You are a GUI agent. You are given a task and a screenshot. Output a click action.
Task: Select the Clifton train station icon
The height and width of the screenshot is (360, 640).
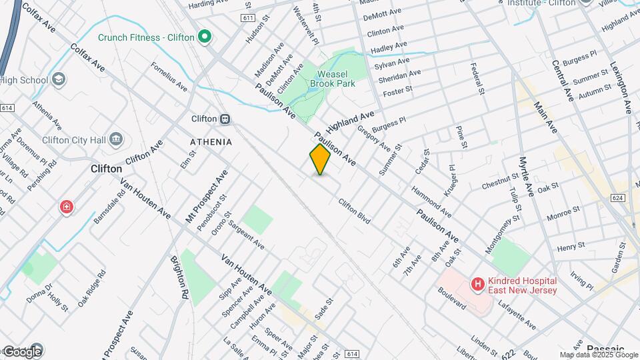[225, 119]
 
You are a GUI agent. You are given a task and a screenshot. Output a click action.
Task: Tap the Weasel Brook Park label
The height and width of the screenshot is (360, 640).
[336, 79]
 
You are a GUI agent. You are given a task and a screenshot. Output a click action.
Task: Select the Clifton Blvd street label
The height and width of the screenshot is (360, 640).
[354, 211]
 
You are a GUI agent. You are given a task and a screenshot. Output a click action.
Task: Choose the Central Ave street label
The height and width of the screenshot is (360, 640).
[563, 81]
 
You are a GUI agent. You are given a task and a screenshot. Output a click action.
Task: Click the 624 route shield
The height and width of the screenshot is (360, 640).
[619, 198]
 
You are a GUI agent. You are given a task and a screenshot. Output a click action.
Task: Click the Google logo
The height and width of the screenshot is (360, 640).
[22, 351]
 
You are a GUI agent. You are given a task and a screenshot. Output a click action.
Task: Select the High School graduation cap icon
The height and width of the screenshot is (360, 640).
[59, 80]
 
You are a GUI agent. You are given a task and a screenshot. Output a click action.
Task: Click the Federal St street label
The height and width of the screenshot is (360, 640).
[476, 79]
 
